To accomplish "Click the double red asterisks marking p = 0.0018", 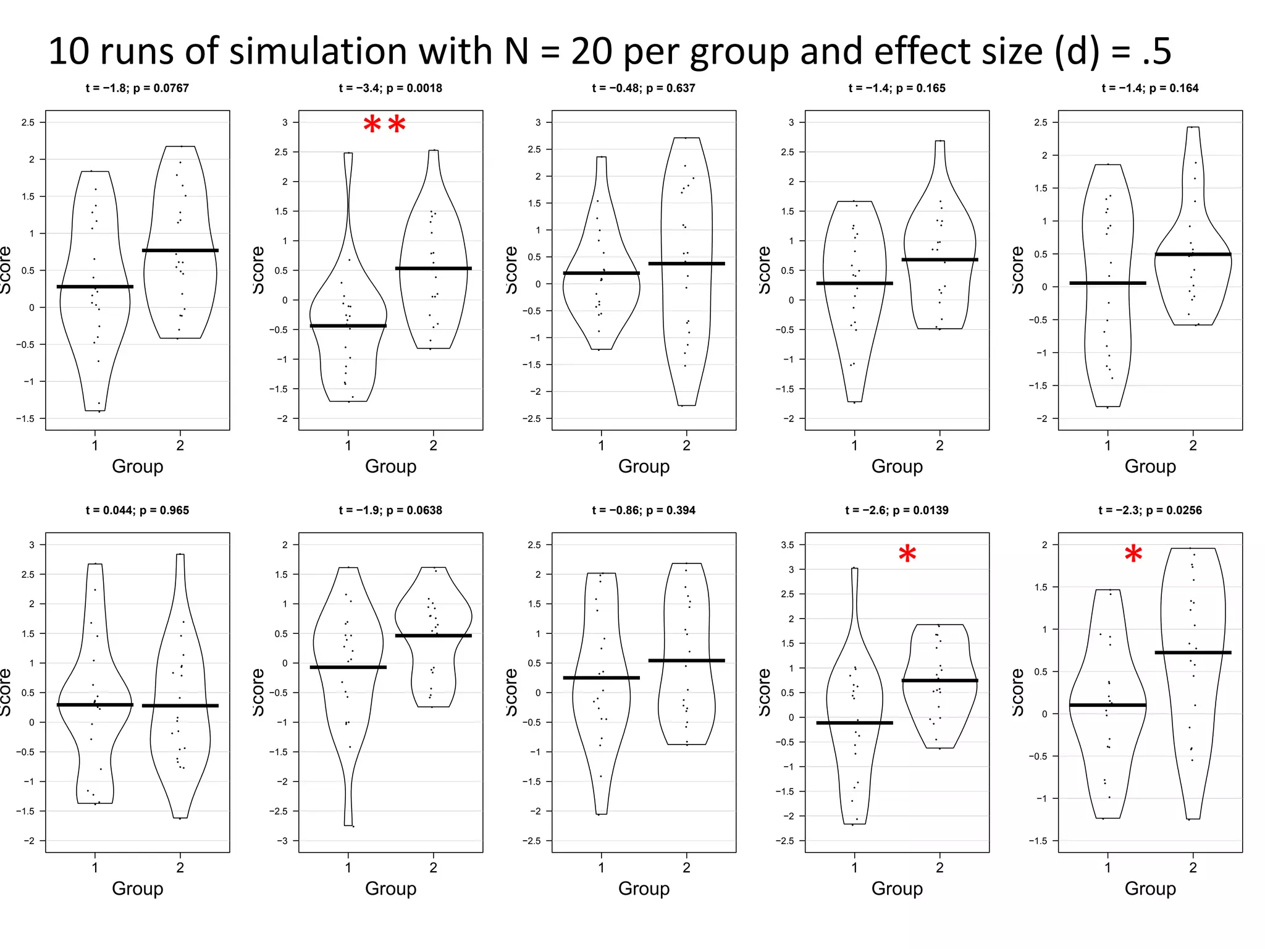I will [384, 125].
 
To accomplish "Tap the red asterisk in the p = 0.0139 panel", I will [907, 554].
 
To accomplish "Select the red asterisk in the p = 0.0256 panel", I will [1133, 554].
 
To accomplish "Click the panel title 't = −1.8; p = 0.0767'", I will [137, 88].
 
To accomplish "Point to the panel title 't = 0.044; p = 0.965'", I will [137, 510].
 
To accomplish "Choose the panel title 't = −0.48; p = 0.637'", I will [643, 88].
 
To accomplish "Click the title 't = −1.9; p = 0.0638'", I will [390, 510].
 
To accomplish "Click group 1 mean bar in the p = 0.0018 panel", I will [348, 326].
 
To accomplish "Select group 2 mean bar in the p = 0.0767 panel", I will [180, 250].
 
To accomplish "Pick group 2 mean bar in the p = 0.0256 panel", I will [1193, 652].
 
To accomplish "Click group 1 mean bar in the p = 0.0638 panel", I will [348, 667].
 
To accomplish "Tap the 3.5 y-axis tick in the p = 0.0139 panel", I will [788, 545].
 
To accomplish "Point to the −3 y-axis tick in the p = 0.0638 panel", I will [282, 841].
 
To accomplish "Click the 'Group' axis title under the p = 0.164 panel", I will [1149, 466].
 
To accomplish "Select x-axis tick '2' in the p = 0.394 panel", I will [686, 867].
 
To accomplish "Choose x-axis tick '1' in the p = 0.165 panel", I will [854, 445].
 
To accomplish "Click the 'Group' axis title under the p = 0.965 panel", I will [137, 888].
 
